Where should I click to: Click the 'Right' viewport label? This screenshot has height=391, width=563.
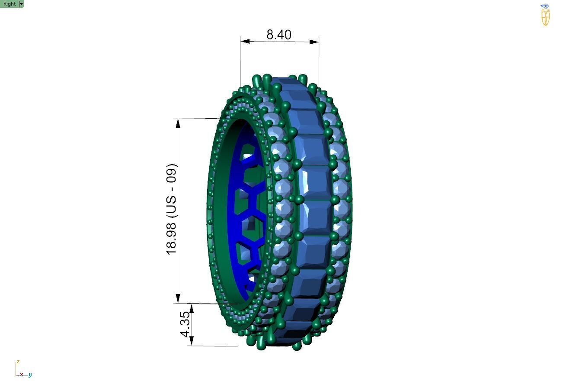click(9, 4)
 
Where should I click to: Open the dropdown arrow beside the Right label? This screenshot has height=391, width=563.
click(22, 4)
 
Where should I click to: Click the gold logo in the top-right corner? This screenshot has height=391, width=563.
click(545, 16)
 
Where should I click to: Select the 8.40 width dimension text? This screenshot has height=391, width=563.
click(279, 35)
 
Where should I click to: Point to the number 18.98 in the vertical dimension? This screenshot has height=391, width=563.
click(172, 239)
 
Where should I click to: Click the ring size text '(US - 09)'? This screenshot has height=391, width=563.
click(172, 190)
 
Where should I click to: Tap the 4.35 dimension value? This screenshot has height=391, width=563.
click(185, 324)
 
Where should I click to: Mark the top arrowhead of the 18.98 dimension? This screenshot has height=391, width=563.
click(178, 123)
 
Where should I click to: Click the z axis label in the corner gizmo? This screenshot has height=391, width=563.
click(18, 362)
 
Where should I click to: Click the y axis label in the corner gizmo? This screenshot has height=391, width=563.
click(30, 375)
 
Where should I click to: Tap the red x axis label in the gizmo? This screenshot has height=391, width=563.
click(21, 374)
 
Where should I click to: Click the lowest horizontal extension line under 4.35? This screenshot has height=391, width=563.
click(214, 346)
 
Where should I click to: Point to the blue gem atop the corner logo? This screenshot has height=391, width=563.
click(545, 6)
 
